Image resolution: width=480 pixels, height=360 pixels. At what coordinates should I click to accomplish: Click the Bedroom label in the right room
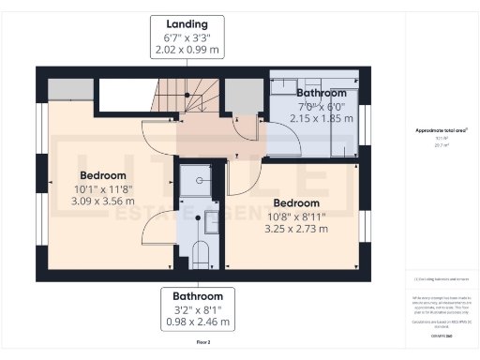[x=296, y=202]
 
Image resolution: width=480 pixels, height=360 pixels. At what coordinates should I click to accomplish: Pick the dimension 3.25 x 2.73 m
[x=296, y=228]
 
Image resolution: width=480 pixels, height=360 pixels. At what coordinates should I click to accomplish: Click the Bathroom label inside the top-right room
[x=322, y=94]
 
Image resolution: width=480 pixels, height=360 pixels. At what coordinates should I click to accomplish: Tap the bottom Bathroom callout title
[x=198, y=295]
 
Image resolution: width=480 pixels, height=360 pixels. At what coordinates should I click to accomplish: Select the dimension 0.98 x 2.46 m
[x=198, y=322]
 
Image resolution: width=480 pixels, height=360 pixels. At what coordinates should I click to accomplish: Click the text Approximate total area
[x=440, y=131]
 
